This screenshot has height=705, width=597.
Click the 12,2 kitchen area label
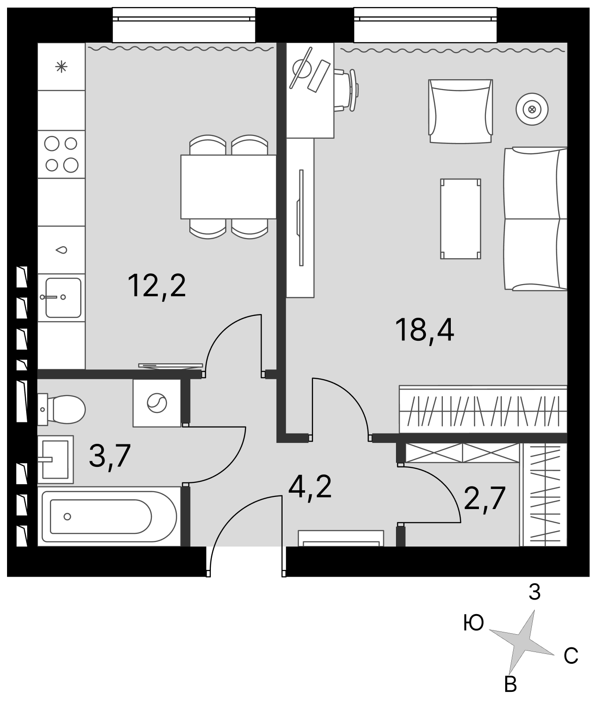(x=157, y=287)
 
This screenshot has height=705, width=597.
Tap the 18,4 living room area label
(x=425, y=330)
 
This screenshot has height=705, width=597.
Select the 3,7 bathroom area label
(x=110, y=457)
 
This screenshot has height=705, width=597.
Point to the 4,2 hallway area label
(x=310, y=488)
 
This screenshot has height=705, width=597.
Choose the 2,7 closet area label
(x=484, y=498)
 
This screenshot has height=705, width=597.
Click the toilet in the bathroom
(x=61, y=409)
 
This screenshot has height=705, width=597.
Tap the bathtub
(x=109, y=517)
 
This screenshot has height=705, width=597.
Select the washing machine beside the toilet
(x=157, y=403)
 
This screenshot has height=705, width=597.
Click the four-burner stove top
(x=61, y=154)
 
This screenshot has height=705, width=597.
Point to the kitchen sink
(x=61, y=297)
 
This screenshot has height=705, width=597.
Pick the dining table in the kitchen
(x=228, y=187)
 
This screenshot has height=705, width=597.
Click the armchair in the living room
(x=461, y=111)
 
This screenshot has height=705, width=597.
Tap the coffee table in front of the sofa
(x=461, y=219)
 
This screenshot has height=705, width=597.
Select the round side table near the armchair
(x=532, y=110)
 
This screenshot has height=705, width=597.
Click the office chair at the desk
(x=346, y=90)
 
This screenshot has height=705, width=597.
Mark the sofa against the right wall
(x=535, y=219)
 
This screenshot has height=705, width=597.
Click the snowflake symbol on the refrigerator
(x=61, y=67)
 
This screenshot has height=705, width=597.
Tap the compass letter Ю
(x=474, y=623)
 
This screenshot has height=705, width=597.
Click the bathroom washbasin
(x=56, y=459)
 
